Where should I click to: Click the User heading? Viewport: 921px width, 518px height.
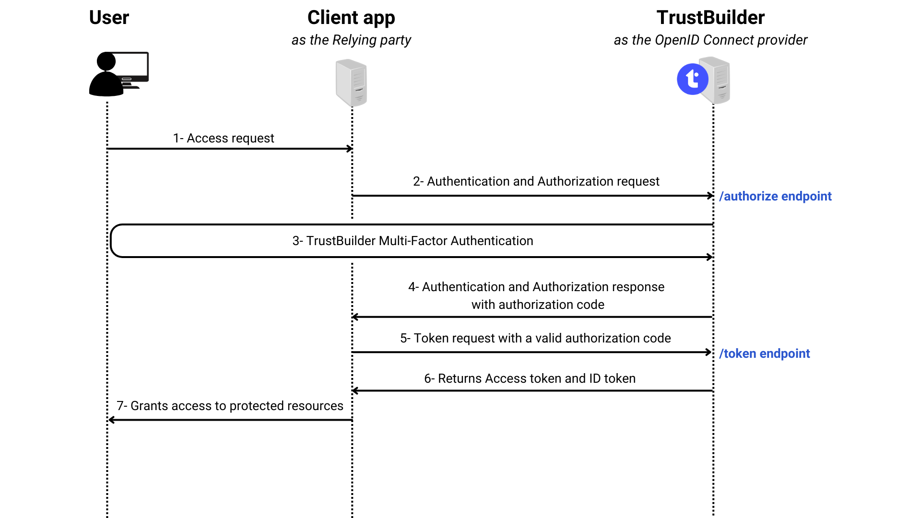(x=109, y=18)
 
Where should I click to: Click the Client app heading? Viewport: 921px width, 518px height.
(x=351, y=18)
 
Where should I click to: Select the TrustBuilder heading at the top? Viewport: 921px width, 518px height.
(x=710, y=18)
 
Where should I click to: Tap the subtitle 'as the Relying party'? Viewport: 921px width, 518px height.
(x=351, y=40)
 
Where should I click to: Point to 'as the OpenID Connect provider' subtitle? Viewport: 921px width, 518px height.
(x=710, y=40)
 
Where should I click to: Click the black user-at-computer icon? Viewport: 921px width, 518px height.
(x=118, y=74)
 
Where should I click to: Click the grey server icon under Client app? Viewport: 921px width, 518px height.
(x=351, y=82)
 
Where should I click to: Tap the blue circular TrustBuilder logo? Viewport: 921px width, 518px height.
(x=692, y=79)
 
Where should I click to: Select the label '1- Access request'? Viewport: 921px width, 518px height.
(x=224, y=138)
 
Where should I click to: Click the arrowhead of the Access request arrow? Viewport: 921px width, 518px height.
(x=350, y=149)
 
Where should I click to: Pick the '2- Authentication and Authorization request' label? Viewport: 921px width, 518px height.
(x=536, y=181)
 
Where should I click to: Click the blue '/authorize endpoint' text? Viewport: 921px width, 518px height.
(x=775, y=196)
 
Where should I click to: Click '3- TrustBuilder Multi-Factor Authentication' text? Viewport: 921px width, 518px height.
(x=413, y=241)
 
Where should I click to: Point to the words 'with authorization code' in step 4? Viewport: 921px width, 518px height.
(x=538, y=305)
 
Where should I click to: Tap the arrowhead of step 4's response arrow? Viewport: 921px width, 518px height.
(x=355, y=317)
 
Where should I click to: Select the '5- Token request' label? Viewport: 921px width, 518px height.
(x=535, y=338)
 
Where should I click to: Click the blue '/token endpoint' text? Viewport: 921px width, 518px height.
(x=765, y=353)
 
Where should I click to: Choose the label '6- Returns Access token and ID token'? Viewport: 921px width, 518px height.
(x=530, y=378)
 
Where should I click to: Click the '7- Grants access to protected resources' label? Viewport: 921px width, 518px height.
(x=230, y=406)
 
